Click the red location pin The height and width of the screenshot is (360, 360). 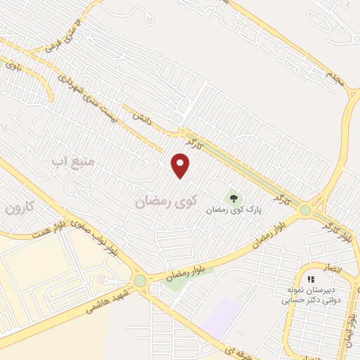tap(181, 166)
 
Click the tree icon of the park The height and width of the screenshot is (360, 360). tap(232, 197)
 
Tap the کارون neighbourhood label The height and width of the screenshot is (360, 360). tap(19, 207)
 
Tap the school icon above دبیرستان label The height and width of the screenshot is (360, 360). tap(310, 279)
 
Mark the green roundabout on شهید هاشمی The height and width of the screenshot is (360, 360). tap(140, 281)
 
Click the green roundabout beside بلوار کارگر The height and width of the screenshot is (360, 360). tap(305, 210)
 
